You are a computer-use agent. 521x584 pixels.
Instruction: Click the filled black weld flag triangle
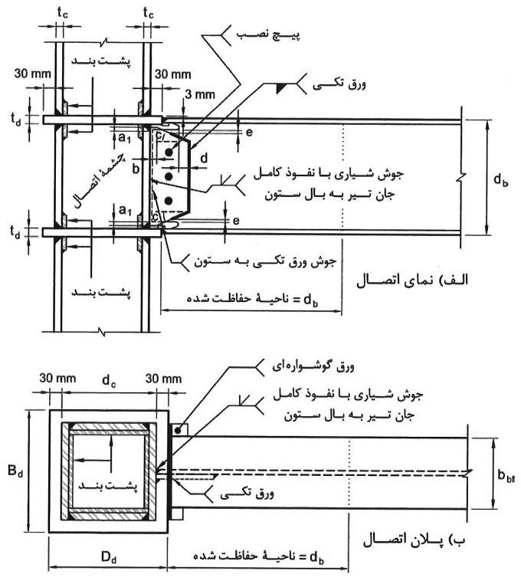coord(280,90)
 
